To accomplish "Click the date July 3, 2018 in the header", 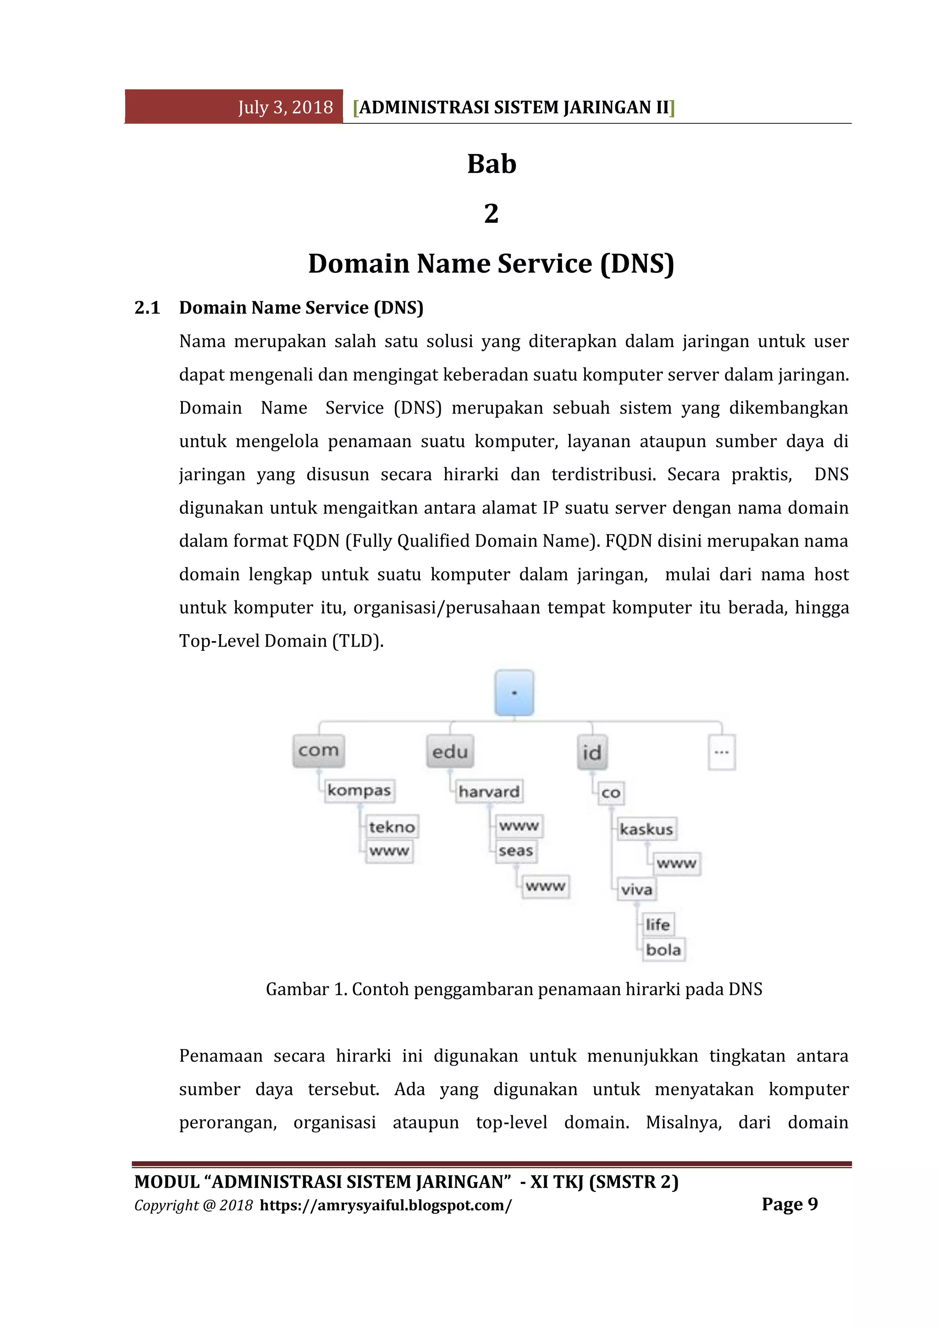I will (x=285, y=108).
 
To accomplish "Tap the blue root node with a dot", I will (x=514, y=692).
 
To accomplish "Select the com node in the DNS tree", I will (x=318, y=750).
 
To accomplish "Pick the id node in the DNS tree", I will (x=592, y=753).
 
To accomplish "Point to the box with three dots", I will (x=722, y=753).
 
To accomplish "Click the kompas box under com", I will (x=359, y=790).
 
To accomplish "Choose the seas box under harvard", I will (x=516, y=851).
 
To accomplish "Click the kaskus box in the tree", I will (x=646, y=830).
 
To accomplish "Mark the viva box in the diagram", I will (x=636, y=890).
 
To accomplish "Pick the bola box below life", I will (x=663, y=950).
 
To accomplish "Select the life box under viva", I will (x=658, y=925).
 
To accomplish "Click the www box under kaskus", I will (x=676, y=863).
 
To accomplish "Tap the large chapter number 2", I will (x=491, y=213).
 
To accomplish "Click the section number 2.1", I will (x=147, y=308).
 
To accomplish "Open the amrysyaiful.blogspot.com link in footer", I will (x=386, y=1206).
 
